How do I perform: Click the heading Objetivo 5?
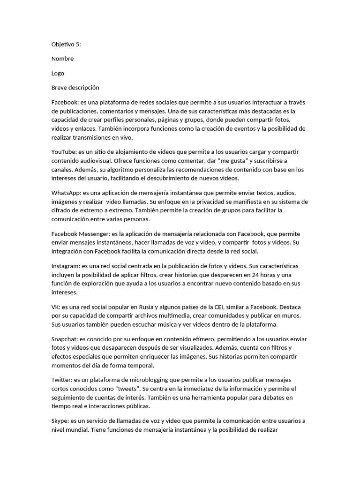[x=66, y=44]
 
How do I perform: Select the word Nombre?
[x=62, y=59]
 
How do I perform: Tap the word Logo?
[x=58, y=73]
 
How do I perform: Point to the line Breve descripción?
[x=75, y=88]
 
